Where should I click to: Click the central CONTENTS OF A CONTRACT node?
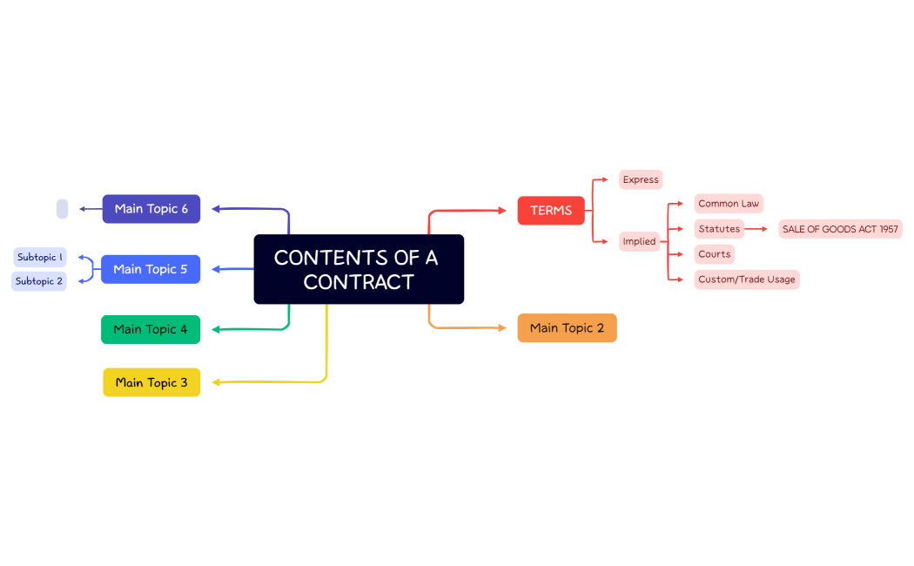[x=359, y=269]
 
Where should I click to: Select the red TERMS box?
[x=551, y=211]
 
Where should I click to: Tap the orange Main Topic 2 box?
[x=567, y=328]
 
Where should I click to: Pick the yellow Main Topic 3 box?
[x=151, y=382]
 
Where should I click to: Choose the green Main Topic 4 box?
[x=151, y=329]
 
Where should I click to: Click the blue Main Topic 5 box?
[x=151, y=269]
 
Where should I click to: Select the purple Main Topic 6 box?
[x=151, y=209]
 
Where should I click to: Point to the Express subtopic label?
[x=641, y=179]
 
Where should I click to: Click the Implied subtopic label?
[x=639, y=241]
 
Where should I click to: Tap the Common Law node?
[x=729, y=204]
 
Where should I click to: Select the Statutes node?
[x=719, y=229]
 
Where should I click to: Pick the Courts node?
[x=714, y=254]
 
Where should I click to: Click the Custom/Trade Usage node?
[x=747, y=280]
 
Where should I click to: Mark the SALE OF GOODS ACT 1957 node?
[x=840, y=229]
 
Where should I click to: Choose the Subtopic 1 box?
[x=40, y=257]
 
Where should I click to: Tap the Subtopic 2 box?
[x=39, y=281]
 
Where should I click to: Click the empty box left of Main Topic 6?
[x=62, y=209]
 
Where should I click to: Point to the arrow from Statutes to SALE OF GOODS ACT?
[x=756, y=229]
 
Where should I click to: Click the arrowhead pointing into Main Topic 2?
[x=501, y=328]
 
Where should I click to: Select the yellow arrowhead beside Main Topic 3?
[x=216, y=382]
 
